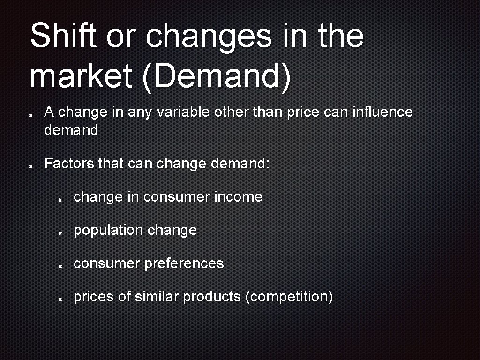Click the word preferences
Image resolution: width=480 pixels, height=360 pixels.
184,263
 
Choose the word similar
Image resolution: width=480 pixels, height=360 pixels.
157,297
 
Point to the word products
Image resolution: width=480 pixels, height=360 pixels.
212,297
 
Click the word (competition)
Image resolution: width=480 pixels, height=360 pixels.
289,297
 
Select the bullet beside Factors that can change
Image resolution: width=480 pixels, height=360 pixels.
30,165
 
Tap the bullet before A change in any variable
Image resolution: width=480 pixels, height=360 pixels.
30,114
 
